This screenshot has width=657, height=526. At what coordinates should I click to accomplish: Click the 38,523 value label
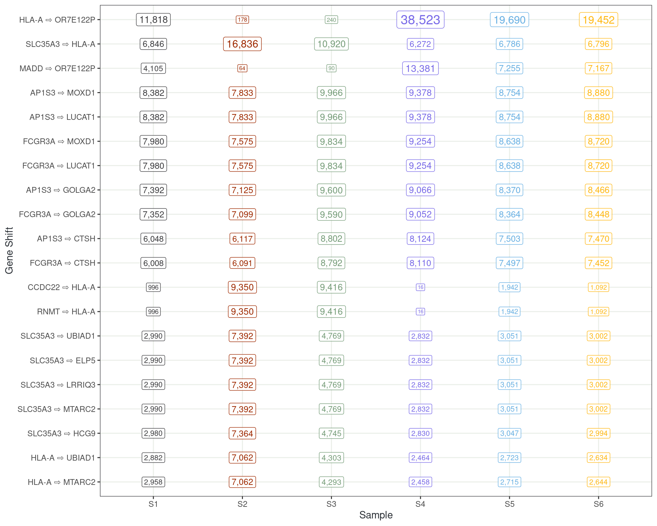[x=420, y=20]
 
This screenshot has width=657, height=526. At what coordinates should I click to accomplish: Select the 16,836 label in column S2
[x=242, y=44]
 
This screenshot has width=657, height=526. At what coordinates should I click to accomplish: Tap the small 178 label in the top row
[x=242, y=20]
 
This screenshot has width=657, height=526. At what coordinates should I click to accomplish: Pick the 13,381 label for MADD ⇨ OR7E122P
[x=420, y=68]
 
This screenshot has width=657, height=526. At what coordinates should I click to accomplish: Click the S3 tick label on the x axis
[x=331, y=504]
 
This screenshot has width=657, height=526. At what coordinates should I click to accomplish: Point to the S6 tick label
[x=598, y=504]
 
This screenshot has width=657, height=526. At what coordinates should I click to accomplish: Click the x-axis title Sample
[x=376, y=515]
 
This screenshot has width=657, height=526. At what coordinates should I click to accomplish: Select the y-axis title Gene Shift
[x=9, y=250]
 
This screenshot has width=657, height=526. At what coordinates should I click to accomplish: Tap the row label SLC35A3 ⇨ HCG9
[x=61, y=434]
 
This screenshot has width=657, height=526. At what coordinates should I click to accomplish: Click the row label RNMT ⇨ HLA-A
[x=66, y=312]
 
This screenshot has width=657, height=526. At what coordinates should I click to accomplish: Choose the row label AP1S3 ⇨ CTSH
[x=66, y=239]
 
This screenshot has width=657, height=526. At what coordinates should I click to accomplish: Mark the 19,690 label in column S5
[x=510, y=20]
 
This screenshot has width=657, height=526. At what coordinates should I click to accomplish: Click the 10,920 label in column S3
[x=331, y=44]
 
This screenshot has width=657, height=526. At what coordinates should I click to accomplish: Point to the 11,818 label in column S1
[x=153, y=20]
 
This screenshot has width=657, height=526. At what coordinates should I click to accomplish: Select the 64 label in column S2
[x=242, y=68]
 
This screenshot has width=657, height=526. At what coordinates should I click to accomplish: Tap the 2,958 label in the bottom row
[x=153, y=482]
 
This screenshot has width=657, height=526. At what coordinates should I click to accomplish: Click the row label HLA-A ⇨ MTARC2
[x=62, y=482]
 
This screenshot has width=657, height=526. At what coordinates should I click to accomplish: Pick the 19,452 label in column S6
[x=598, y=20]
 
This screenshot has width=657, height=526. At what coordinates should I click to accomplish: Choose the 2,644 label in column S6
[x=598, y=482]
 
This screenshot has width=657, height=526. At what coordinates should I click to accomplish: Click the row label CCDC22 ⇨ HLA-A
[x=62, y=287]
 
